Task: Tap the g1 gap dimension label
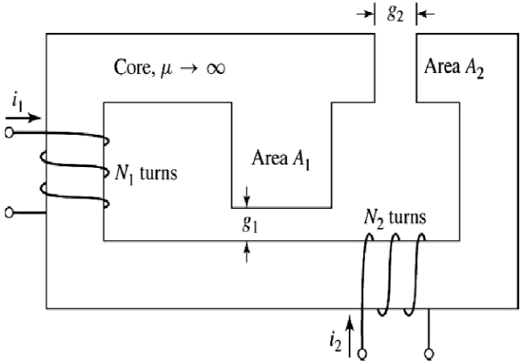pos(250,224)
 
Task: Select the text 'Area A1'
pos(281,160)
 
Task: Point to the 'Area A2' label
pos(453,67)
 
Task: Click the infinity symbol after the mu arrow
pos(215,68)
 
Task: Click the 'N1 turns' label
pos(146,173)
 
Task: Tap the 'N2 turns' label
pos(395,218)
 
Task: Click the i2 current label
pos(335,341)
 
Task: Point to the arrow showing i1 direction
pos(23,118)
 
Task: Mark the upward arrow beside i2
pos(349,336)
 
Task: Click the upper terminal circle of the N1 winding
pos(10,133)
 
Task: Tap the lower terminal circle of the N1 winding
pos(10,213)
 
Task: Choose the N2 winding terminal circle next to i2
pos(362,354)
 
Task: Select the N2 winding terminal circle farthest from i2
pos(429,354)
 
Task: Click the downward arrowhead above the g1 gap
pos(247,202)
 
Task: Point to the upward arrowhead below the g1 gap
pos(247,247)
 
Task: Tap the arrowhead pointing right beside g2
pos(368,14)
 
